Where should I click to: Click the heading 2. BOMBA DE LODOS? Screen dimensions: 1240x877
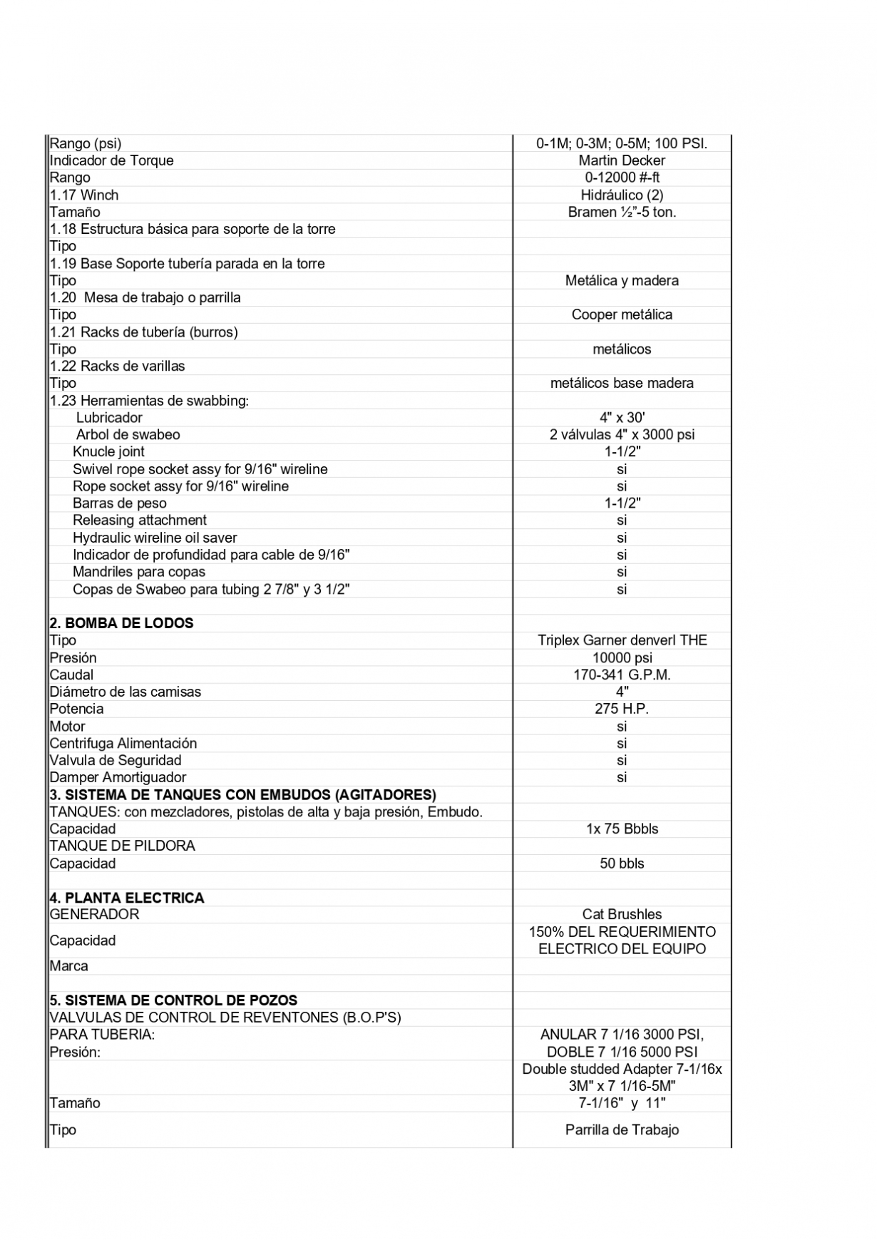[x=121, y=623]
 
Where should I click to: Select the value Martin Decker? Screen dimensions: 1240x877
[x=622, y=160]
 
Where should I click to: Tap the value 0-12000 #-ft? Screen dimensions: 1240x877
[x=622, y=178]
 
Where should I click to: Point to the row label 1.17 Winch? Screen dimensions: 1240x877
[x=84, y=195]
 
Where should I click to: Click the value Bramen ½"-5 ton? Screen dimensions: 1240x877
[x=622, y=212]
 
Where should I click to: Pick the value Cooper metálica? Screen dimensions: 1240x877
[x=622, y=314]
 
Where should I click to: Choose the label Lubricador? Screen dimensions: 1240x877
[x=109, y=418]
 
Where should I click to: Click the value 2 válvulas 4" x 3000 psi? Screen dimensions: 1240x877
[x=622, y=435]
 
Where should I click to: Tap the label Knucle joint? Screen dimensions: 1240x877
[x=108, y=452]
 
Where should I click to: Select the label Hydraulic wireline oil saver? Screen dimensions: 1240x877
[x=155, y=538]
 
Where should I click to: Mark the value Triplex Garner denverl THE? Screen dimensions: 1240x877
[x=622, y=640]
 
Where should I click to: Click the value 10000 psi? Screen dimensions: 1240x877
[x=622, y=657]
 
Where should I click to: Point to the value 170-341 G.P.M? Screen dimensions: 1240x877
[x=622, y=675]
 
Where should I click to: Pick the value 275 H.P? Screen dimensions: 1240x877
[x=622, y=709]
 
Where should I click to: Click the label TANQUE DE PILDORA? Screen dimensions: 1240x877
[x=122, y=846]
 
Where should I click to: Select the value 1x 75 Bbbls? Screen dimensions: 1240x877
[x=622, y=829]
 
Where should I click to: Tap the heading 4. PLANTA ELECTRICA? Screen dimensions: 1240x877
[x=127, y=898]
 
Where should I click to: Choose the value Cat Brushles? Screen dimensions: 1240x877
[x=622, y=914]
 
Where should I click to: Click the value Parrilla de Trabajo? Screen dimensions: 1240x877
[x=622, y=1129]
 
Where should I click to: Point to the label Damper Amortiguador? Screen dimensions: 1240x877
[x=118, y=777]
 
